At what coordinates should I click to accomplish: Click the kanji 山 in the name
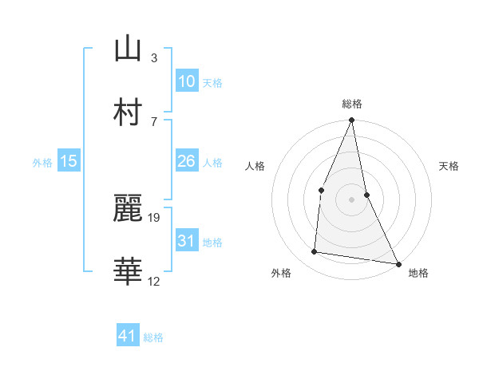(128, 49)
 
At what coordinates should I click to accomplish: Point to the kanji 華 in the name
(128, 271)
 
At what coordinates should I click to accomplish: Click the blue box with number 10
(186, 81)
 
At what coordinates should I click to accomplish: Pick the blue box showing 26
(186, 161)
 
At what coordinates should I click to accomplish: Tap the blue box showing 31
(186, 241)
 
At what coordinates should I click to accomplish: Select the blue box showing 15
(69, 161)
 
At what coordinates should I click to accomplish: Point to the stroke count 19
(155, 216)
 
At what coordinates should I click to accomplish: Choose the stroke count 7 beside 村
(154, 120)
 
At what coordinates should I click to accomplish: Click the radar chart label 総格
(351, 104)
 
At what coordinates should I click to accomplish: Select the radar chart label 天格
(449, 166)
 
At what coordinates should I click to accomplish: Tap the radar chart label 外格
(281, 273)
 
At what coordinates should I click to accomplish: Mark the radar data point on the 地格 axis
(398, 262)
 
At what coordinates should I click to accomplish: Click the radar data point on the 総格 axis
(351, 120)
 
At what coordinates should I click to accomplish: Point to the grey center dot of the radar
(351, 199)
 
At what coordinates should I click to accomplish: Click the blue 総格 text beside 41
(153, 337)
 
